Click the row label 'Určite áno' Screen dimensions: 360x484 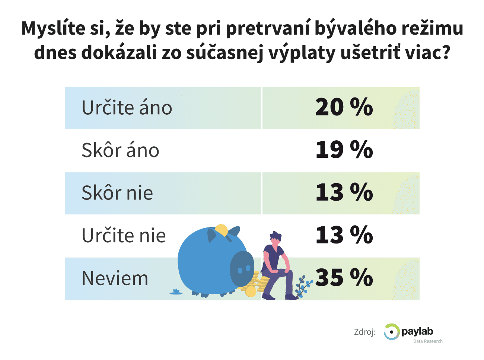tap(127, 108)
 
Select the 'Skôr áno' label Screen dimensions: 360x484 tap(120, 150)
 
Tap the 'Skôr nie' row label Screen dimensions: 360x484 tap(117, 193)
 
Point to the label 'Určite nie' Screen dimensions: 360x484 tap(124, 235)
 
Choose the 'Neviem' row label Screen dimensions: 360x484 tap(115, 278)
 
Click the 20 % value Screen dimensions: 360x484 tap(344, 107)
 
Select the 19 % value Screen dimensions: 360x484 tap(344, 150)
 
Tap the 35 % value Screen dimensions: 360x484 tap(344, 277)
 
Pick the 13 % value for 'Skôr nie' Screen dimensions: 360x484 tap(344, 192)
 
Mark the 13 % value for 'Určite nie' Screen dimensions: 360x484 tap(344, 235)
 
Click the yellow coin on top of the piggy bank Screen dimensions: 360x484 tap(222, 230)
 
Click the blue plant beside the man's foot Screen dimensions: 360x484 tap(303, 286)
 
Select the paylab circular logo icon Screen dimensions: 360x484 tap(391, 332)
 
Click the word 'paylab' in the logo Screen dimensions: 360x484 tap(417, 331)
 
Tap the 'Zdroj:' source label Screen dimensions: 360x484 tap(365, 332)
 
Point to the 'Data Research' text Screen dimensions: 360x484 tap(428, 341)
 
